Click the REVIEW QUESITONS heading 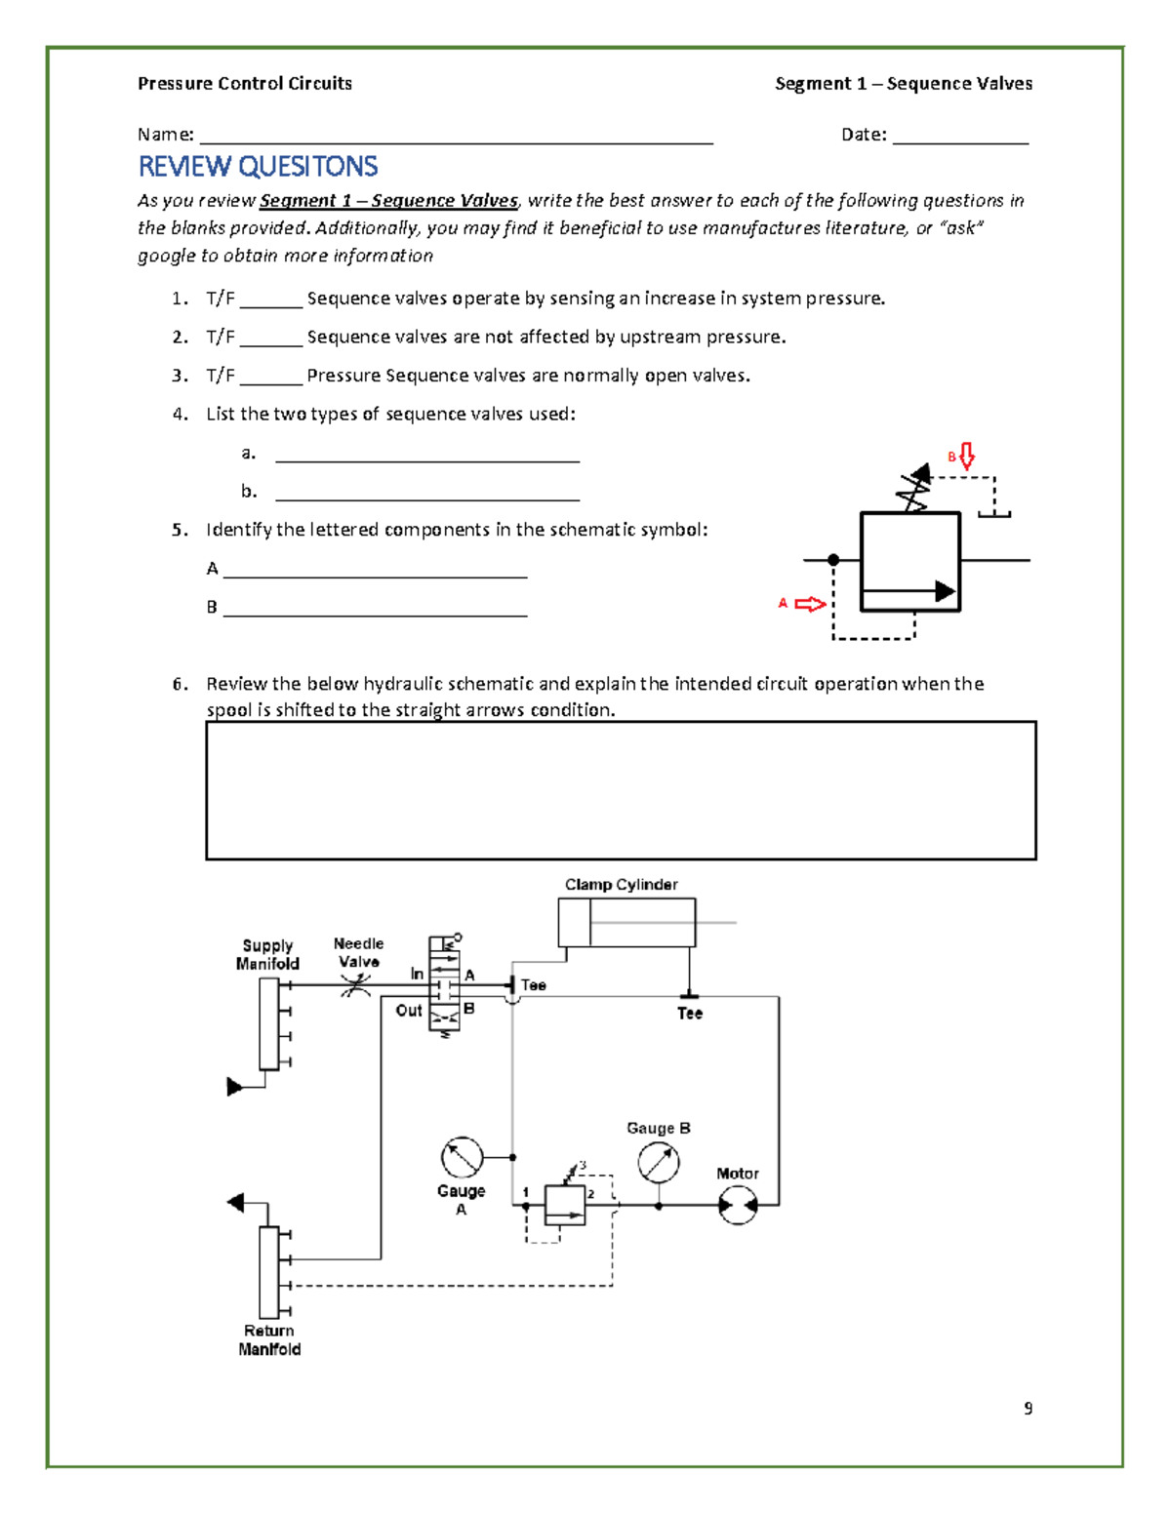(x=258, y=167)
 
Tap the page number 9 (x=1028, y=1408)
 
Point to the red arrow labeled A (x=809, y=604)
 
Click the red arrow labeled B (x=966, y=456)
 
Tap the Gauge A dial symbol (x=462, y=1158)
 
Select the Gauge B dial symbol (x=659, y=1162)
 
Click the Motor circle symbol (x=738, y=1206)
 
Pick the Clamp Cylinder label (x=621, y=885)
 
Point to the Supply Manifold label (x=267, y=954)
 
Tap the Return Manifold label (x=269, y=1339)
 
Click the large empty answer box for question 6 (x=621, y=790)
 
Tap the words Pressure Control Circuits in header (x=245, y=84)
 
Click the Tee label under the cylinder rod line (x=690, y=1014)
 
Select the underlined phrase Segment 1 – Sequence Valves (x=388, y=201)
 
